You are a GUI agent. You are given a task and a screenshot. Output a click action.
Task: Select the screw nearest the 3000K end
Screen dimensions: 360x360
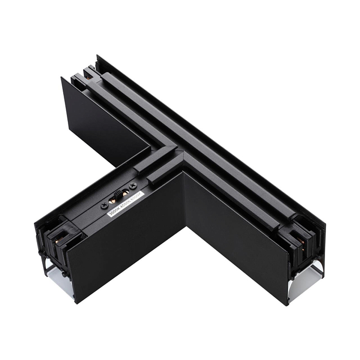tap(105, 204)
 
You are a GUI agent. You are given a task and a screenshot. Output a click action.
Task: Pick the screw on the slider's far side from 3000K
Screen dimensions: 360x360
tap(133, 185)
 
